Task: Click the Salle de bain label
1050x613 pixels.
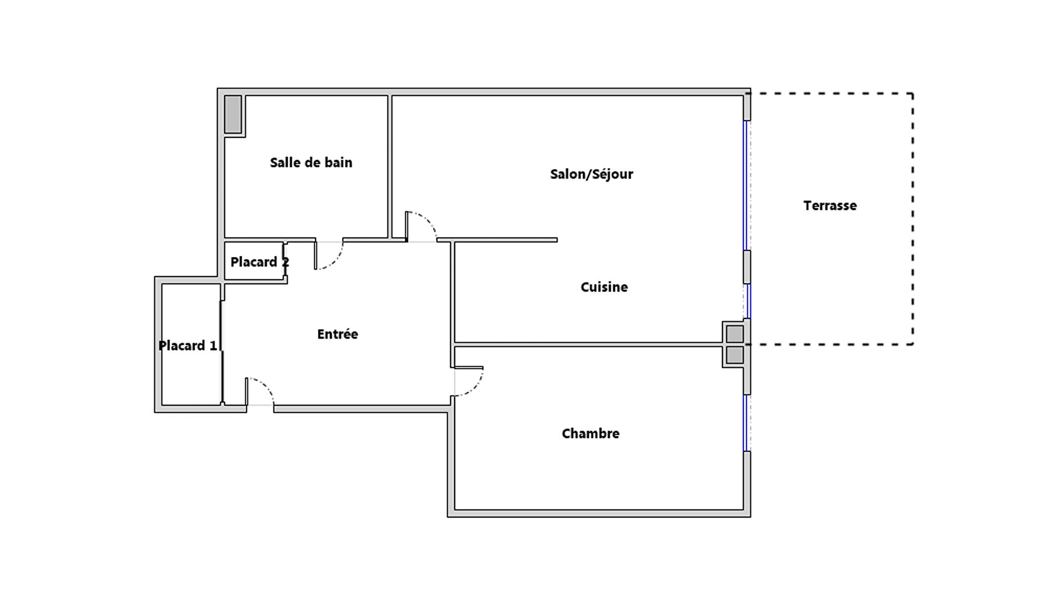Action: pos(311,163)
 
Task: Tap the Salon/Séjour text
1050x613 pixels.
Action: pos(591,174)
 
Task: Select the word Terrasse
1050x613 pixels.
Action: pos(830,205)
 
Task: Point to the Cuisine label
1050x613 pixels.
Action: pos(604,287)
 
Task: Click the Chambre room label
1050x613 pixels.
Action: pos(590,434)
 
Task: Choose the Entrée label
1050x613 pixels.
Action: pos(338,334)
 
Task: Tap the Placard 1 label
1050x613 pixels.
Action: pos(188,346)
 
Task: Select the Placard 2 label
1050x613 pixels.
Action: pos(259,262)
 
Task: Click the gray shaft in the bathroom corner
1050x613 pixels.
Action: pos(233,114)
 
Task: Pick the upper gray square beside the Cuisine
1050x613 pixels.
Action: pos(734,334)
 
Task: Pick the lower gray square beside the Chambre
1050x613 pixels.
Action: pos(734,355)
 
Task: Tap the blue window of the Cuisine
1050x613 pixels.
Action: pos(748,301)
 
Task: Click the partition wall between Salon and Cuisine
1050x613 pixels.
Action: pos(497,240)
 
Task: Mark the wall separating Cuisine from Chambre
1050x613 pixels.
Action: pos(589,345)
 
